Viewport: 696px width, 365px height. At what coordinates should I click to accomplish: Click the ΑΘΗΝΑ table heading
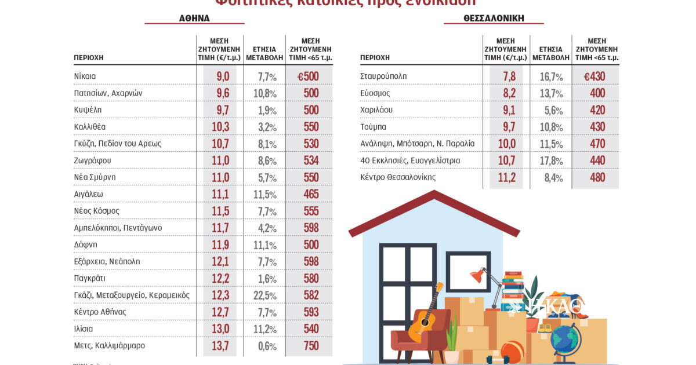(x=194, y=18)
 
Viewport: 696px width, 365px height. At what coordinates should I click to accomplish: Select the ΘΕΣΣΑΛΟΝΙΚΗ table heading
(x=494, y=18)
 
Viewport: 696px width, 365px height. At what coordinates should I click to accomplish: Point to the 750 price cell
(x=311, y=345)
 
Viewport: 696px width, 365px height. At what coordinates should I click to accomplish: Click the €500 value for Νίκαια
(x=309, y=76)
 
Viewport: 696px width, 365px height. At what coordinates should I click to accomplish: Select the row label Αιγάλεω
(x=89, y=194)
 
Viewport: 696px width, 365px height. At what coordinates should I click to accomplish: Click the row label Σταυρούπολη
(x=383, y=76)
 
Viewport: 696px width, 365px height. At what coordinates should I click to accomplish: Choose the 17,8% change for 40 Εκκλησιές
(x=550, y=161)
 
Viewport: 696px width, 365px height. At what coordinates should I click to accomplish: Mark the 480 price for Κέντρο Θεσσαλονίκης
(x=596, y=178)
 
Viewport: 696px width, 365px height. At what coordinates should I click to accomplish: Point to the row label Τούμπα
(x=374, y=126)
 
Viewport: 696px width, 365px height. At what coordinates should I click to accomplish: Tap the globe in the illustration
(x=565, y=340)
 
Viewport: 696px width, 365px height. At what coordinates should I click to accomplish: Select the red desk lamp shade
(x=477, y=275)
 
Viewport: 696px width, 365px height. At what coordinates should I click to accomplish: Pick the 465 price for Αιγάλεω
(x=311, y=194)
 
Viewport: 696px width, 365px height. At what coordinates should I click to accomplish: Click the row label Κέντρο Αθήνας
(x=100, y=312)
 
